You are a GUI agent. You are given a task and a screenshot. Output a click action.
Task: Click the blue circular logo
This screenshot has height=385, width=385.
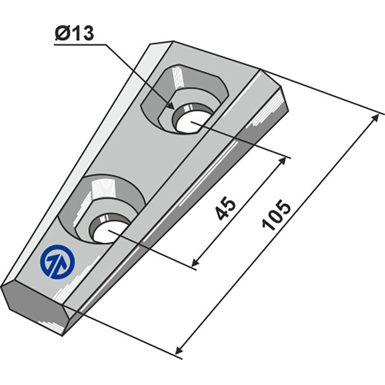58,262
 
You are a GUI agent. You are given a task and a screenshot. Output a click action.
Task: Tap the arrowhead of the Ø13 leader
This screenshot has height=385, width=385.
170,105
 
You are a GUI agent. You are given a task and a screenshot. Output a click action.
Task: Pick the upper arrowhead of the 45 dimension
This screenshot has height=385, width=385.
282,162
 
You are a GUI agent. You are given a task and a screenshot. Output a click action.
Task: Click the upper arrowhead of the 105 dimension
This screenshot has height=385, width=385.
375,118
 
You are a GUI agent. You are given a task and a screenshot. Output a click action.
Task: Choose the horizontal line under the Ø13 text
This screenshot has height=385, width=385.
80,45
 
